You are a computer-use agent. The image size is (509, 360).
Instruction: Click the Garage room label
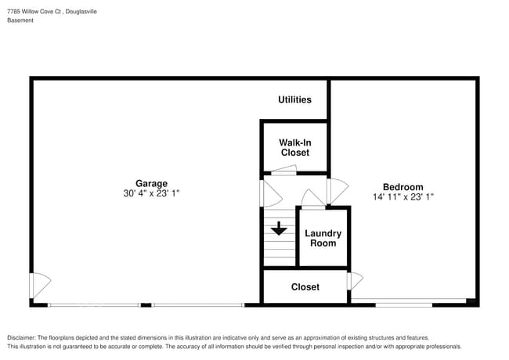[151, 184]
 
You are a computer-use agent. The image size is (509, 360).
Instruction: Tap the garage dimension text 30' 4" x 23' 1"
[151, 194]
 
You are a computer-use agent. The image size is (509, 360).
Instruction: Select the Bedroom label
[403, 187]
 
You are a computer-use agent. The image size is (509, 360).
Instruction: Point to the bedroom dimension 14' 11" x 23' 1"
[403, 197]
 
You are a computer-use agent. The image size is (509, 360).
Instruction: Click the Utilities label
[294, 99]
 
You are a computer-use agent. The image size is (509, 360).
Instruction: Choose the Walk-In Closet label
[294, 147]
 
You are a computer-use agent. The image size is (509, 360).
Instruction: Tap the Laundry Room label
[323, 238]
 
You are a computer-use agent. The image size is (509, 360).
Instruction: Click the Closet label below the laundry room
[305, 287]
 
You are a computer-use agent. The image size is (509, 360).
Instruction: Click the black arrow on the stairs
[279, 229]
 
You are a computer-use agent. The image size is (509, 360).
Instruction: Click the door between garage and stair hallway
[269, 192]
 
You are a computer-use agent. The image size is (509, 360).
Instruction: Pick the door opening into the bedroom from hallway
[337, 189]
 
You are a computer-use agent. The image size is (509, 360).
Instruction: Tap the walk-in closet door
[283, 171]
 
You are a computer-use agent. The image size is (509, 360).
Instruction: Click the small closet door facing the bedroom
[356, 280]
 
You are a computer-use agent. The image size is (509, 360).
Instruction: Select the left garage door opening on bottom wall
[94, 304]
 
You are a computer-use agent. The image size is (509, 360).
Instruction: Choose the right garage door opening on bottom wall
[197, 304]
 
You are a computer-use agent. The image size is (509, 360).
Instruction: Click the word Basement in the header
[20, 20]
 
